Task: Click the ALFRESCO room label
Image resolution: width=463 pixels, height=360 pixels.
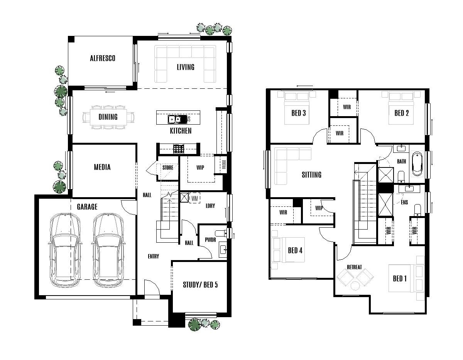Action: coord(102,59)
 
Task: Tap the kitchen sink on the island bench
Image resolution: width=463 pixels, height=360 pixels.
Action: coord(175,119)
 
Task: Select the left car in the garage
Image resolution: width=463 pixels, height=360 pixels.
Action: coord(65,250)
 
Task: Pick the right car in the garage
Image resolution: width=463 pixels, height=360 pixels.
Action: coord(108,250)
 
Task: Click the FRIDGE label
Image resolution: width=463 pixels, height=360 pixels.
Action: coord(224,165)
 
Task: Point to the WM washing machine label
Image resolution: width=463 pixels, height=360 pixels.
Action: coord(195,198)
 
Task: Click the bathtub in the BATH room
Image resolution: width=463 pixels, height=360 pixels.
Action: coord(417,164)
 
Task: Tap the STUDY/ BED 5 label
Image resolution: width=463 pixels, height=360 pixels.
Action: coord(200,285)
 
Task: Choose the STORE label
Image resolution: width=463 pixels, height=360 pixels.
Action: coord(167,168)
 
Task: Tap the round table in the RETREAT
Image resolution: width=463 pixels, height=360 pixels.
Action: coord(355,286)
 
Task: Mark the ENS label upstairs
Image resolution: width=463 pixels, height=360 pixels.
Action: coord(404,202)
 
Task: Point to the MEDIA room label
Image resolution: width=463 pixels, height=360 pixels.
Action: coord(102,167)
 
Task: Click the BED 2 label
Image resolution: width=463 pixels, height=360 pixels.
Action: coord(401,113)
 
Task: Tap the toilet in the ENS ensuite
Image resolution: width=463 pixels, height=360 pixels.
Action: coord(417,210)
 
